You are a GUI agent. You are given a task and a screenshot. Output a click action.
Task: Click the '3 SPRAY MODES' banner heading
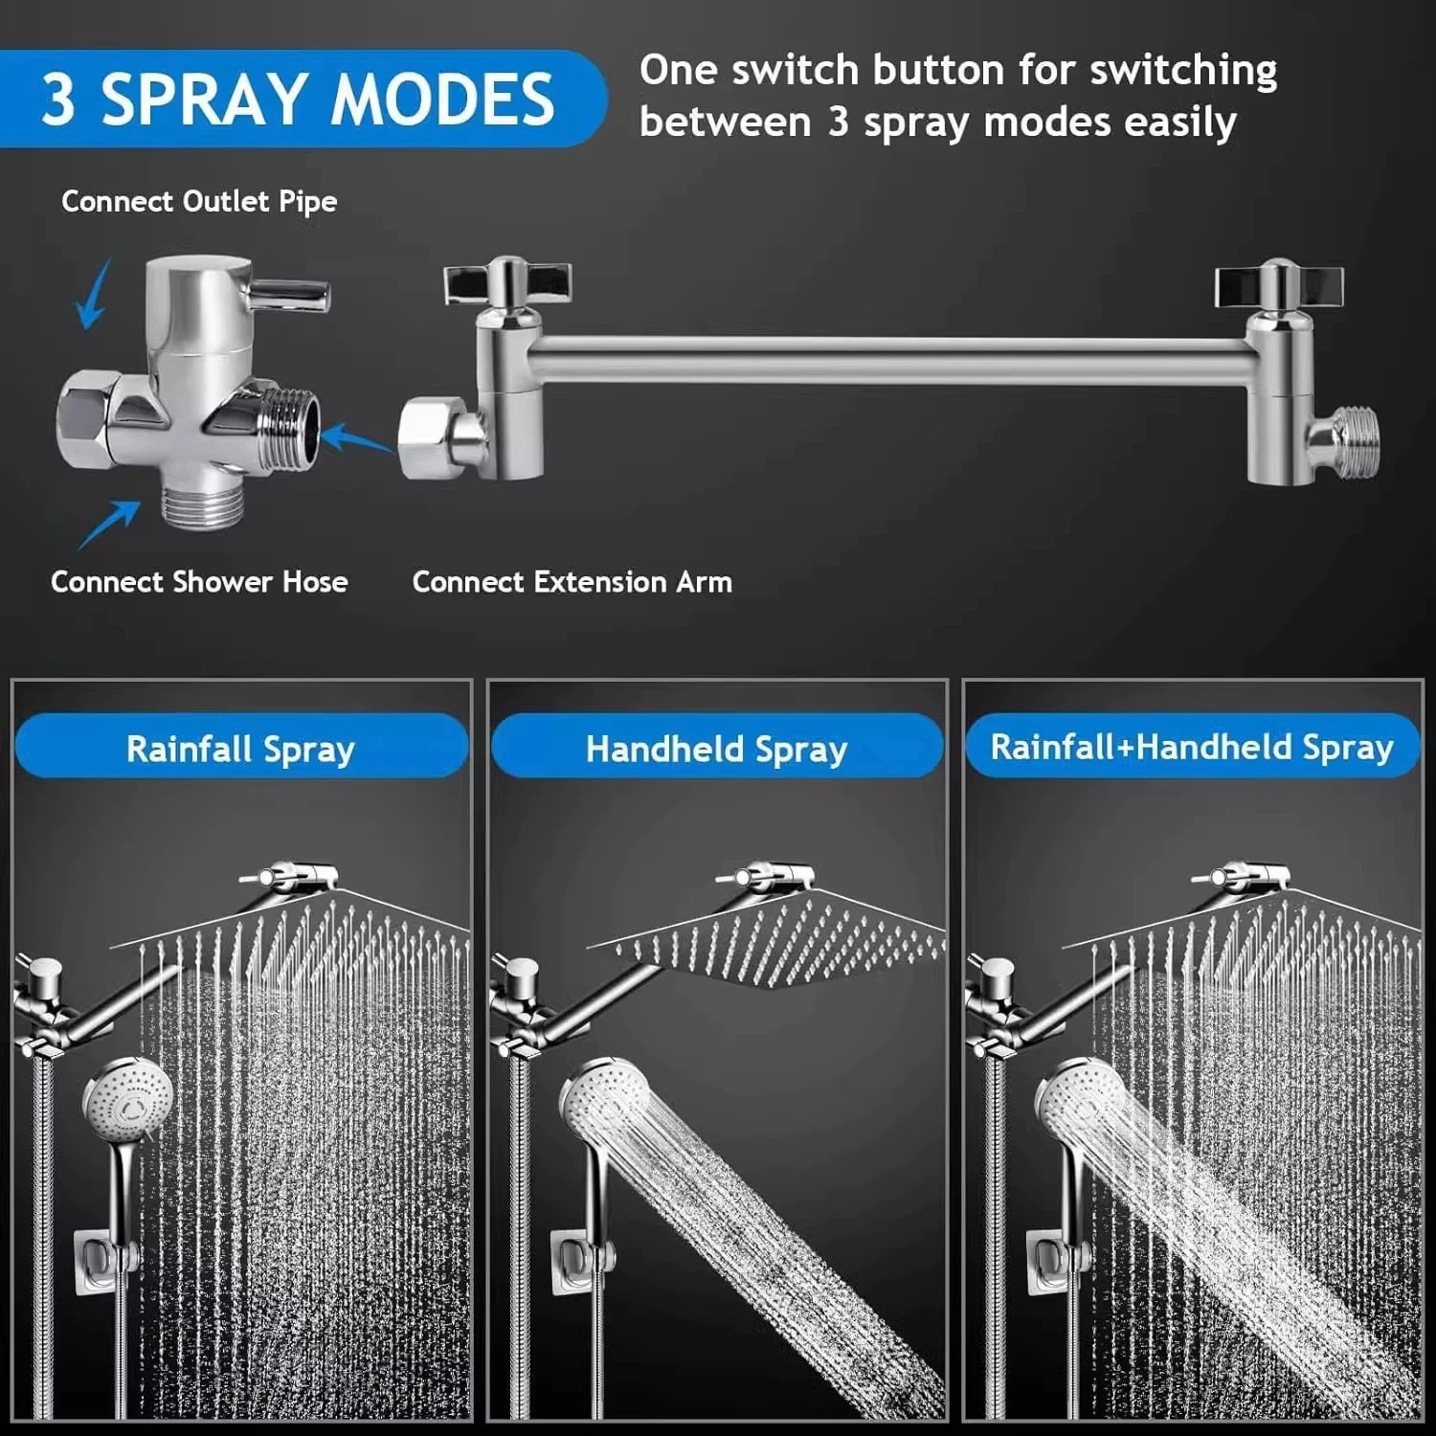tap(297, 99)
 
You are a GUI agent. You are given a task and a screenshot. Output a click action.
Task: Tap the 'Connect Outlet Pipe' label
tap(199, 201)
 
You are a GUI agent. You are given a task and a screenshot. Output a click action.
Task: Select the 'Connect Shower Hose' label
tap(199, 582)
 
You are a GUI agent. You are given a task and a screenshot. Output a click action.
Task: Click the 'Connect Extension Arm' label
tap(572, 582)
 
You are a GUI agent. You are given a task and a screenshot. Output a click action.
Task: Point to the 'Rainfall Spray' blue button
tap(240, 749)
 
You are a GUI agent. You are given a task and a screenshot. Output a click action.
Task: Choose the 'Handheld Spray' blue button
tap(716, 749)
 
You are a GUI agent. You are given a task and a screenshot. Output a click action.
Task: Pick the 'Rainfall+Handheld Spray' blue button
tap(1192, 747)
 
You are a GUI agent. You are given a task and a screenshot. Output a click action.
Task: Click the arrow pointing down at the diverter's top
tap(93, 295)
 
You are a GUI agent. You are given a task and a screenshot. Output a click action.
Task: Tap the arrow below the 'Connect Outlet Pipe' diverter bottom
tap(107, 525)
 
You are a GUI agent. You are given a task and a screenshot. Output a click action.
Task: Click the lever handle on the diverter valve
tap(290, 292)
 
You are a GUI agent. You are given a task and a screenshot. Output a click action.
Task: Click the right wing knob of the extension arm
tap(1279, 283)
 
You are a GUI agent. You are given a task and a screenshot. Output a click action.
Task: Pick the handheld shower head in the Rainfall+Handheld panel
tap(1074, 1101)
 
